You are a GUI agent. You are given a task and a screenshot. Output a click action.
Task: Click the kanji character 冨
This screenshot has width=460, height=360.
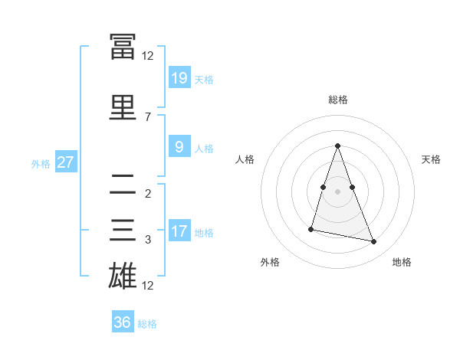(123, 45)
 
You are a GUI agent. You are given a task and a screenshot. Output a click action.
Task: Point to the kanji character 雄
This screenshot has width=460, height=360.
(123, 275)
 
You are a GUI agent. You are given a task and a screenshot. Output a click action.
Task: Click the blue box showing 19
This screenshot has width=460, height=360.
(179, 77)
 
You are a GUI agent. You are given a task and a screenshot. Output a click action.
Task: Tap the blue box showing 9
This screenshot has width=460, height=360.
(179, 148)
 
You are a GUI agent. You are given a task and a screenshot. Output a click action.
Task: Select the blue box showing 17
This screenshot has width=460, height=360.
(179, 231)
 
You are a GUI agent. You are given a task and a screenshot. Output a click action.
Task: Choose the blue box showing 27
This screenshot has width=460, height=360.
(65, 162)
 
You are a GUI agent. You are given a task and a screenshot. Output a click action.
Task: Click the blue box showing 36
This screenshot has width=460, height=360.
(123, 322)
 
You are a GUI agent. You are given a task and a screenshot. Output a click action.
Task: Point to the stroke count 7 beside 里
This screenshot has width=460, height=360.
(147, 116)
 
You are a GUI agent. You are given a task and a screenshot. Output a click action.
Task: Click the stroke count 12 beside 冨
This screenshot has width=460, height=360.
(147, 55)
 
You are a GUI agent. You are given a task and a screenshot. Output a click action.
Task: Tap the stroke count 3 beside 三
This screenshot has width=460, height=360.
(147, 240)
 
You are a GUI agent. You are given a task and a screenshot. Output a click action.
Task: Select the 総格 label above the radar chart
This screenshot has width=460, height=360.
(338, 100)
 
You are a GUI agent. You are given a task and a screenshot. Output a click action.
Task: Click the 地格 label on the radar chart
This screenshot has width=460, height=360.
(402, 262)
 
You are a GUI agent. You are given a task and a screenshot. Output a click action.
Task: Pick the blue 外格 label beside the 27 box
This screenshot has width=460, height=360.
(40, 163)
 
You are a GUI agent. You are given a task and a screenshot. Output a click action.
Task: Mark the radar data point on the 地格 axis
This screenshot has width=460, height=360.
(374, 241)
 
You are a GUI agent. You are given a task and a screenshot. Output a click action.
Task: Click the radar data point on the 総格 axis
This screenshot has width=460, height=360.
(338, 146)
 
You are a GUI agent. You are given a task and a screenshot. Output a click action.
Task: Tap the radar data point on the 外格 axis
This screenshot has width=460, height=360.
(311, 228)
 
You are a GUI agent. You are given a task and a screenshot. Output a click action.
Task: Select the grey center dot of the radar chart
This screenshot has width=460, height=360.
(338, 191)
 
